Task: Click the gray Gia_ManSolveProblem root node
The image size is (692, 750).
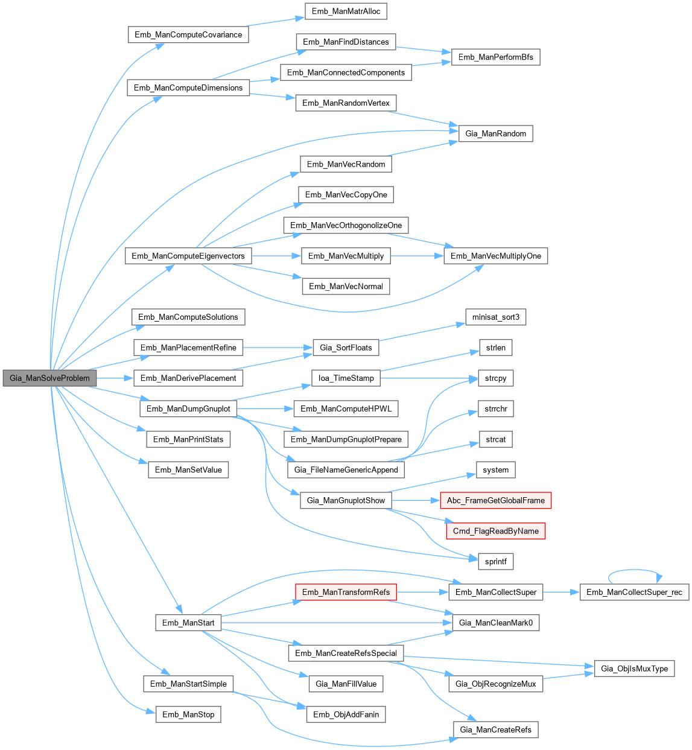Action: coord(49,378)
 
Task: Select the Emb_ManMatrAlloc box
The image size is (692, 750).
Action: coord(346,11)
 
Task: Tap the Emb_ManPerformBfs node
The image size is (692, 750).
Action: coord(495,57)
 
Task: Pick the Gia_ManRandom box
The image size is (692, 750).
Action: coord(495,133)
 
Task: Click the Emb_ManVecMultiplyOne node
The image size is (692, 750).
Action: coord(495,256)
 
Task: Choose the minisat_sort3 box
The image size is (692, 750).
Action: coord(495,317)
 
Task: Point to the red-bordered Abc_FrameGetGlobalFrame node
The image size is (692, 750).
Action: coord(495,500)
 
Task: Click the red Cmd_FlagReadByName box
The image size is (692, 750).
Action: coord(495,531)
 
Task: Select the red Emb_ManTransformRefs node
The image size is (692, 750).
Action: coord(346,592)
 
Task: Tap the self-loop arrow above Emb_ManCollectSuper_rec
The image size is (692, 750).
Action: coord(634,570)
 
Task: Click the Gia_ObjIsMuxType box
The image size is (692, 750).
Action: coord(634,669)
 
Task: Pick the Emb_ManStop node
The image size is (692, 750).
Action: coord(188,714)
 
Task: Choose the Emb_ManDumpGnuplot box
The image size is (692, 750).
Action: coord(188,408)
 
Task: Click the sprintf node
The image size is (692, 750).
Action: coord(495,561)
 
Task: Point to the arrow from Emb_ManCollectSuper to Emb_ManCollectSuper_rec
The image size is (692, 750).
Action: coord(561,592)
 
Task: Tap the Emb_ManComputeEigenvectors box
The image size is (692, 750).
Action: coord(188,256)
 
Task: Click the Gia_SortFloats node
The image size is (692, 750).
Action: coord(346,348)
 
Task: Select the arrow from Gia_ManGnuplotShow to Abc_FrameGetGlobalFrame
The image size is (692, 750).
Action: coord(416,500)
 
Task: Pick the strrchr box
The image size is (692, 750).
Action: coord(495,408)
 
